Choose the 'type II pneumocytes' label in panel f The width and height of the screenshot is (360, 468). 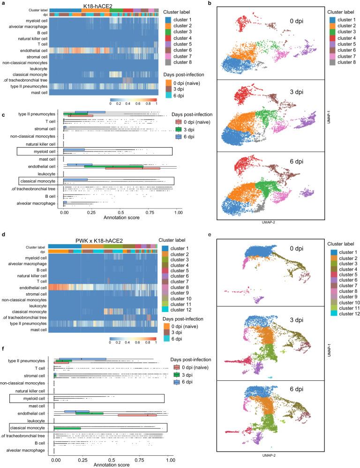(x=29, y=361)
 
